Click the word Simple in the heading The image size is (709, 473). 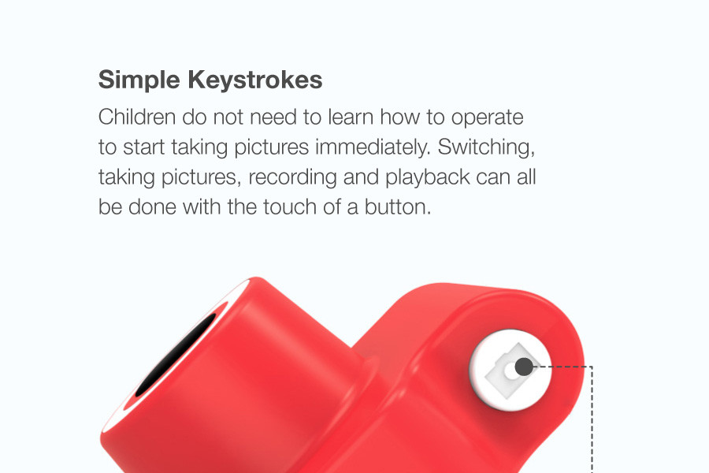pyautogui.click(x=139, y=80)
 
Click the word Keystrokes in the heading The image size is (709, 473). pyautogui.click(x=255, y=80)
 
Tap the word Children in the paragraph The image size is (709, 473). pyautogui.click(x=137, y=117)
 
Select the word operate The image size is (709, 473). pyautogui.click(x=488, y=118)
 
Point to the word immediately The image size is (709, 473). pyautogui.click(x=373, y=147)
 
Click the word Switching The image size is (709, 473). pyautogui.click(x=487, y=148)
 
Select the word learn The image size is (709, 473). pyautogui.click(x=351, y=117)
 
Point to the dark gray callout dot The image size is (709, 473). pyautogui.click(x=524, y=367)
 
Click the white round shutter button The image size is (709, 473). pyautogui.click(x=510, y=371)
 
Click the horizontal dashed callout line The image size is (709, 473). pyautogui.click(x=562, y=367)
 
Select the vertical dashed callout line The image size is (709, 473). pyautogui.click(x=592, y=419)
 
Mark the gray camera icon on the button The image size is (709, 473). pyautogui.click(x=509, y=372)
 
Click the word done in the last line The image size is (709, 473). pyautogui.click(x=152, y=207)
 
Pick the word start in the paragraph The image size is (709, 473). pyautogui.click(x=144, y=147)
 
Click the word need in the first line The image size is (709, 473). pyautogui.click(x=273, y=117)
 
